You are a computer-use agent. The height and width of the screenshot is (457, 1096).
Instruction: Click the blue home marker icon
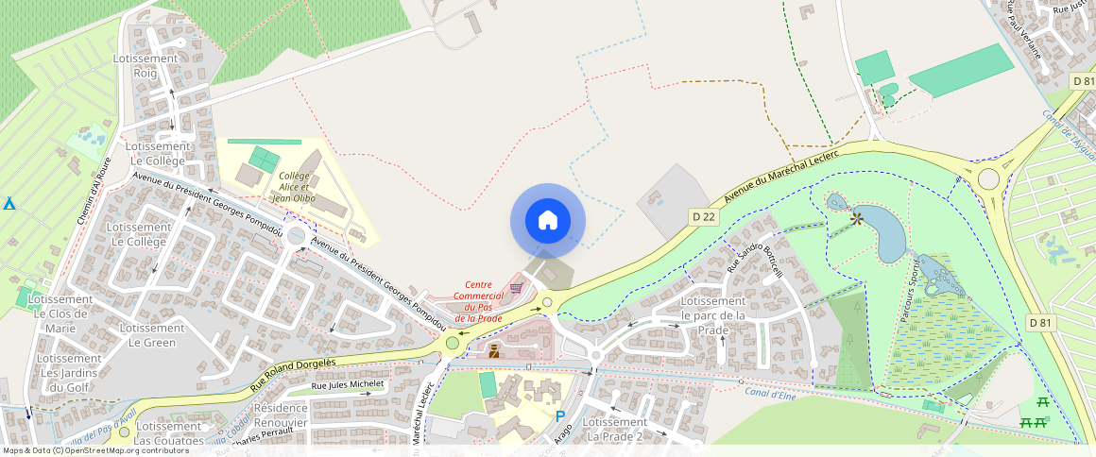[x=547, y=221]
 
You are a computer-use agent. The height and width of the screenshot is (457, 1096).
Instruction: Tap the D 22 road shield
[x=703, y=217]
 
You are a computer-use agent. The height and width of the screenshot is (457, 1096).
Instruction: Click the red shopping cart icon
[x=516, y=288]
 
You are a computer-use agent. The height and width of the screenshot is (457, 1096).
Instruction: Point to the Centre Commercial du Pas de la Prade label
[x=477, y=302]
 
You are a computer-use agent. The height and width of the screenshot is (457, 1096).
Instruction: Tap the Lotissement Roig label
[x=145, y=65]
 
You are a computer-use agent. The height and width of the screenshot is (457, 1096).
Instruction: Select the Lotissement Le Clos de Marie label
[x=60, y=313]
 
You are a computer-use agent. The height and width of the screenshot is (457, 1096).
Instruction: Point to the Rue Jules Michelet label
[x=348, y=384]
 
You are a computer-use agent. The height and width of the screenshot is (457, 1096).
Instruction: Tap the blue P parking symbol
[x=560, y=415]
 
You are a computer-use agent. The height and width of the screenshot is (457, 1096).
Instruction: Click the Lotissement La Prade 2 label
[x=615, y=429]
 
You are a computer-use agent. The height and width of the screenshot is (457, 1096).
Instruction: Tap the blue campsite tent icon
[x=9, y=203]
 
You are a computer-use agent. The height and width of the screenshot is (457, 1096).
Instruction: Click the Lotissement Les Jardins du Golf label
[x=70, y=372]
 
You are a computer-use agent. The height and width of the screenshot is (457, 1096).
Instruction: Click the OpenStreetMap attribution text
[x=94, y=450]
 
